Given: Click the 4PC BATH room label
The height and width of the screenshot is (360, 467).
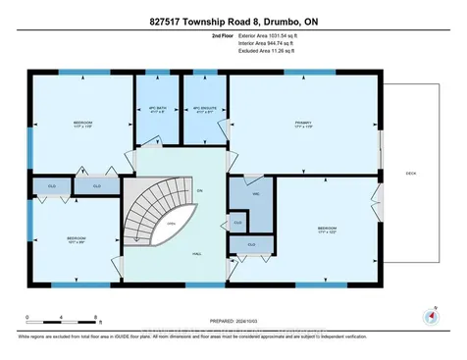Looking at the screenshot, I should (154, 107).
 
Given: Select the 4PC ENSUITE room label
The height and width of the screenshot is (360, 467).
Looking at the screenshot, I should (203, 107).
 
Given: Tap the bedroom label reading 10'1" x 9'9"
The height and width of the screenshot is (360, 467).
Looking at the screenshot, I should (77, 239).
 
